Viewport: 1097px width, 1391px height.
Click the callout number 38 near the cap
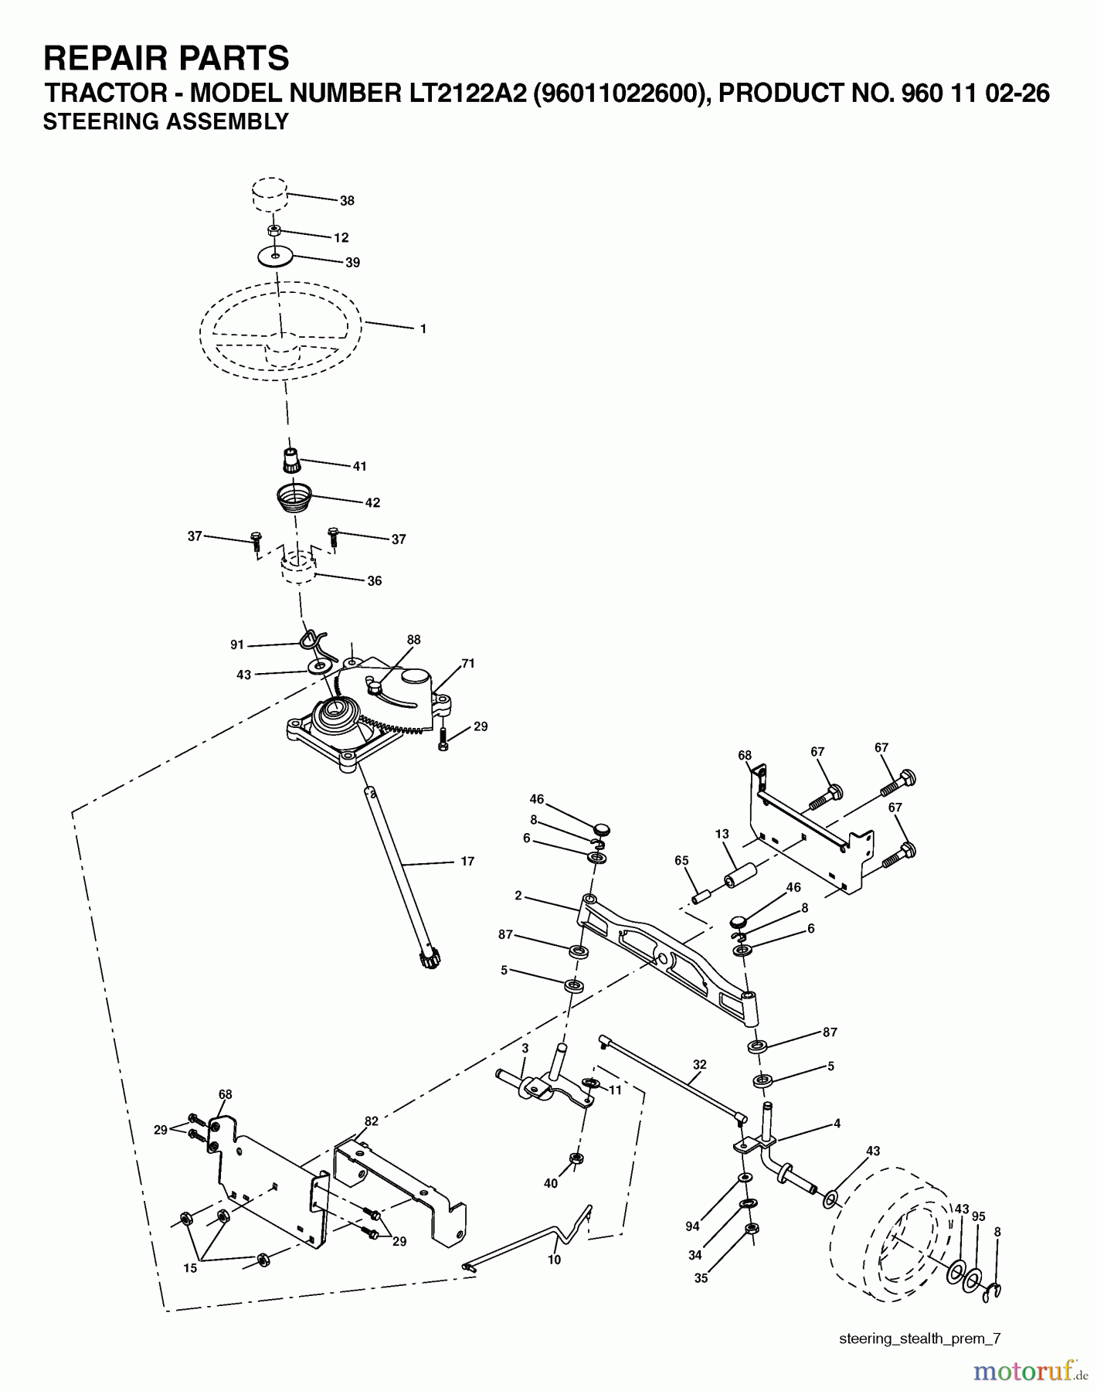(x=347, y=200)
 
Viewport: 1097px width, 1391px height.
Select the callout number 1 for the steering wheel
(x=423, y=328)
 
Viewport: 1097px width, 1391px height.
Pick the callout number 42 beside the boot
(x=372, y=502)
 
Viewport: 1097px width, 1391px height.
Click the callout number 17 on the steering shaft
(x=467, y=861)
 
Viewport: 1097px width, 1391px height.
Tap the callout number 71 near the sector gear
(x=468, y=663)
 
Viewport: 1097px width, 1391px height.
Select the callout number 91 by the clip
(x=237, y=644)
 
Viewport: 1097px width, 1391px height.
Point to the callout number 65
(x=681, y=860)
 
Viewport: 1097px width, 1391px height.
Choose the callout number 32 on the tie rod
(x=699, y=1064)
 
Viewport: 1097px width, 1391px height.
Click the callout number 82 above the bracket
(x=372, y=1121)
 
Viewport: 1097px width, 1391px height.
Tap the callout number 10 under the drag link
(x=554, y=1260)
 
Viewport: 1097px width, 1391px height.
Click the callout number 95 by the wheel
(x=979, y=1216)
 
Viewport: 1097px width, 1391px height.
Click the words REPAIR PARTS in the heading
(x=166, y=58)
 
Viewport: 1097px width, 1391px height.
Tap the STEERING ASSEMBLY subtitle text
(x=165, y=121)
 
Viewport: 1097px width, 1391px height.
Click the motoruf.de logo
(x=1025, y=1370)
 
